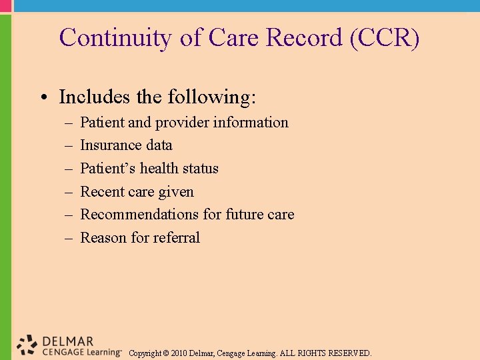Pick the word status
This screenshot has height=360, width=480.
(199, 169)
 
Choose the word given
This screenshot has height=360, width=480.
(175, 192)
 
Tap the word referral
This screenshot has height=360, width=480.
(176, 238)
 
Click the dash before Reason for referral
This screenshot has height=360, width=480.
(69, 238)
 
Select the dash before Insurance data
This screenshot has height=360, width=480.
(69, 145)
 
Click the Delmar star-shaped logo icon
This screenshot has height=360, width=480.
(27, 345)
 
